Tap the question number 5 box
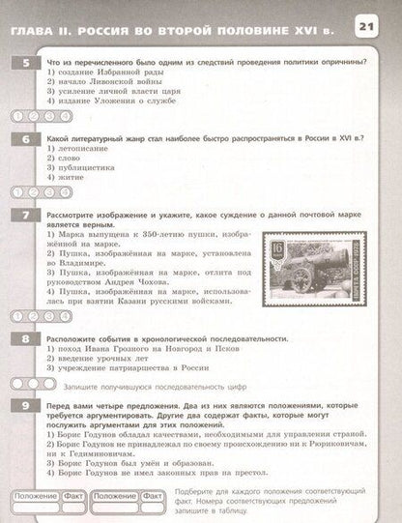16,63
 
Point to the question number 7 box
16,215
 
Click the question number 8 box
16,339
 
